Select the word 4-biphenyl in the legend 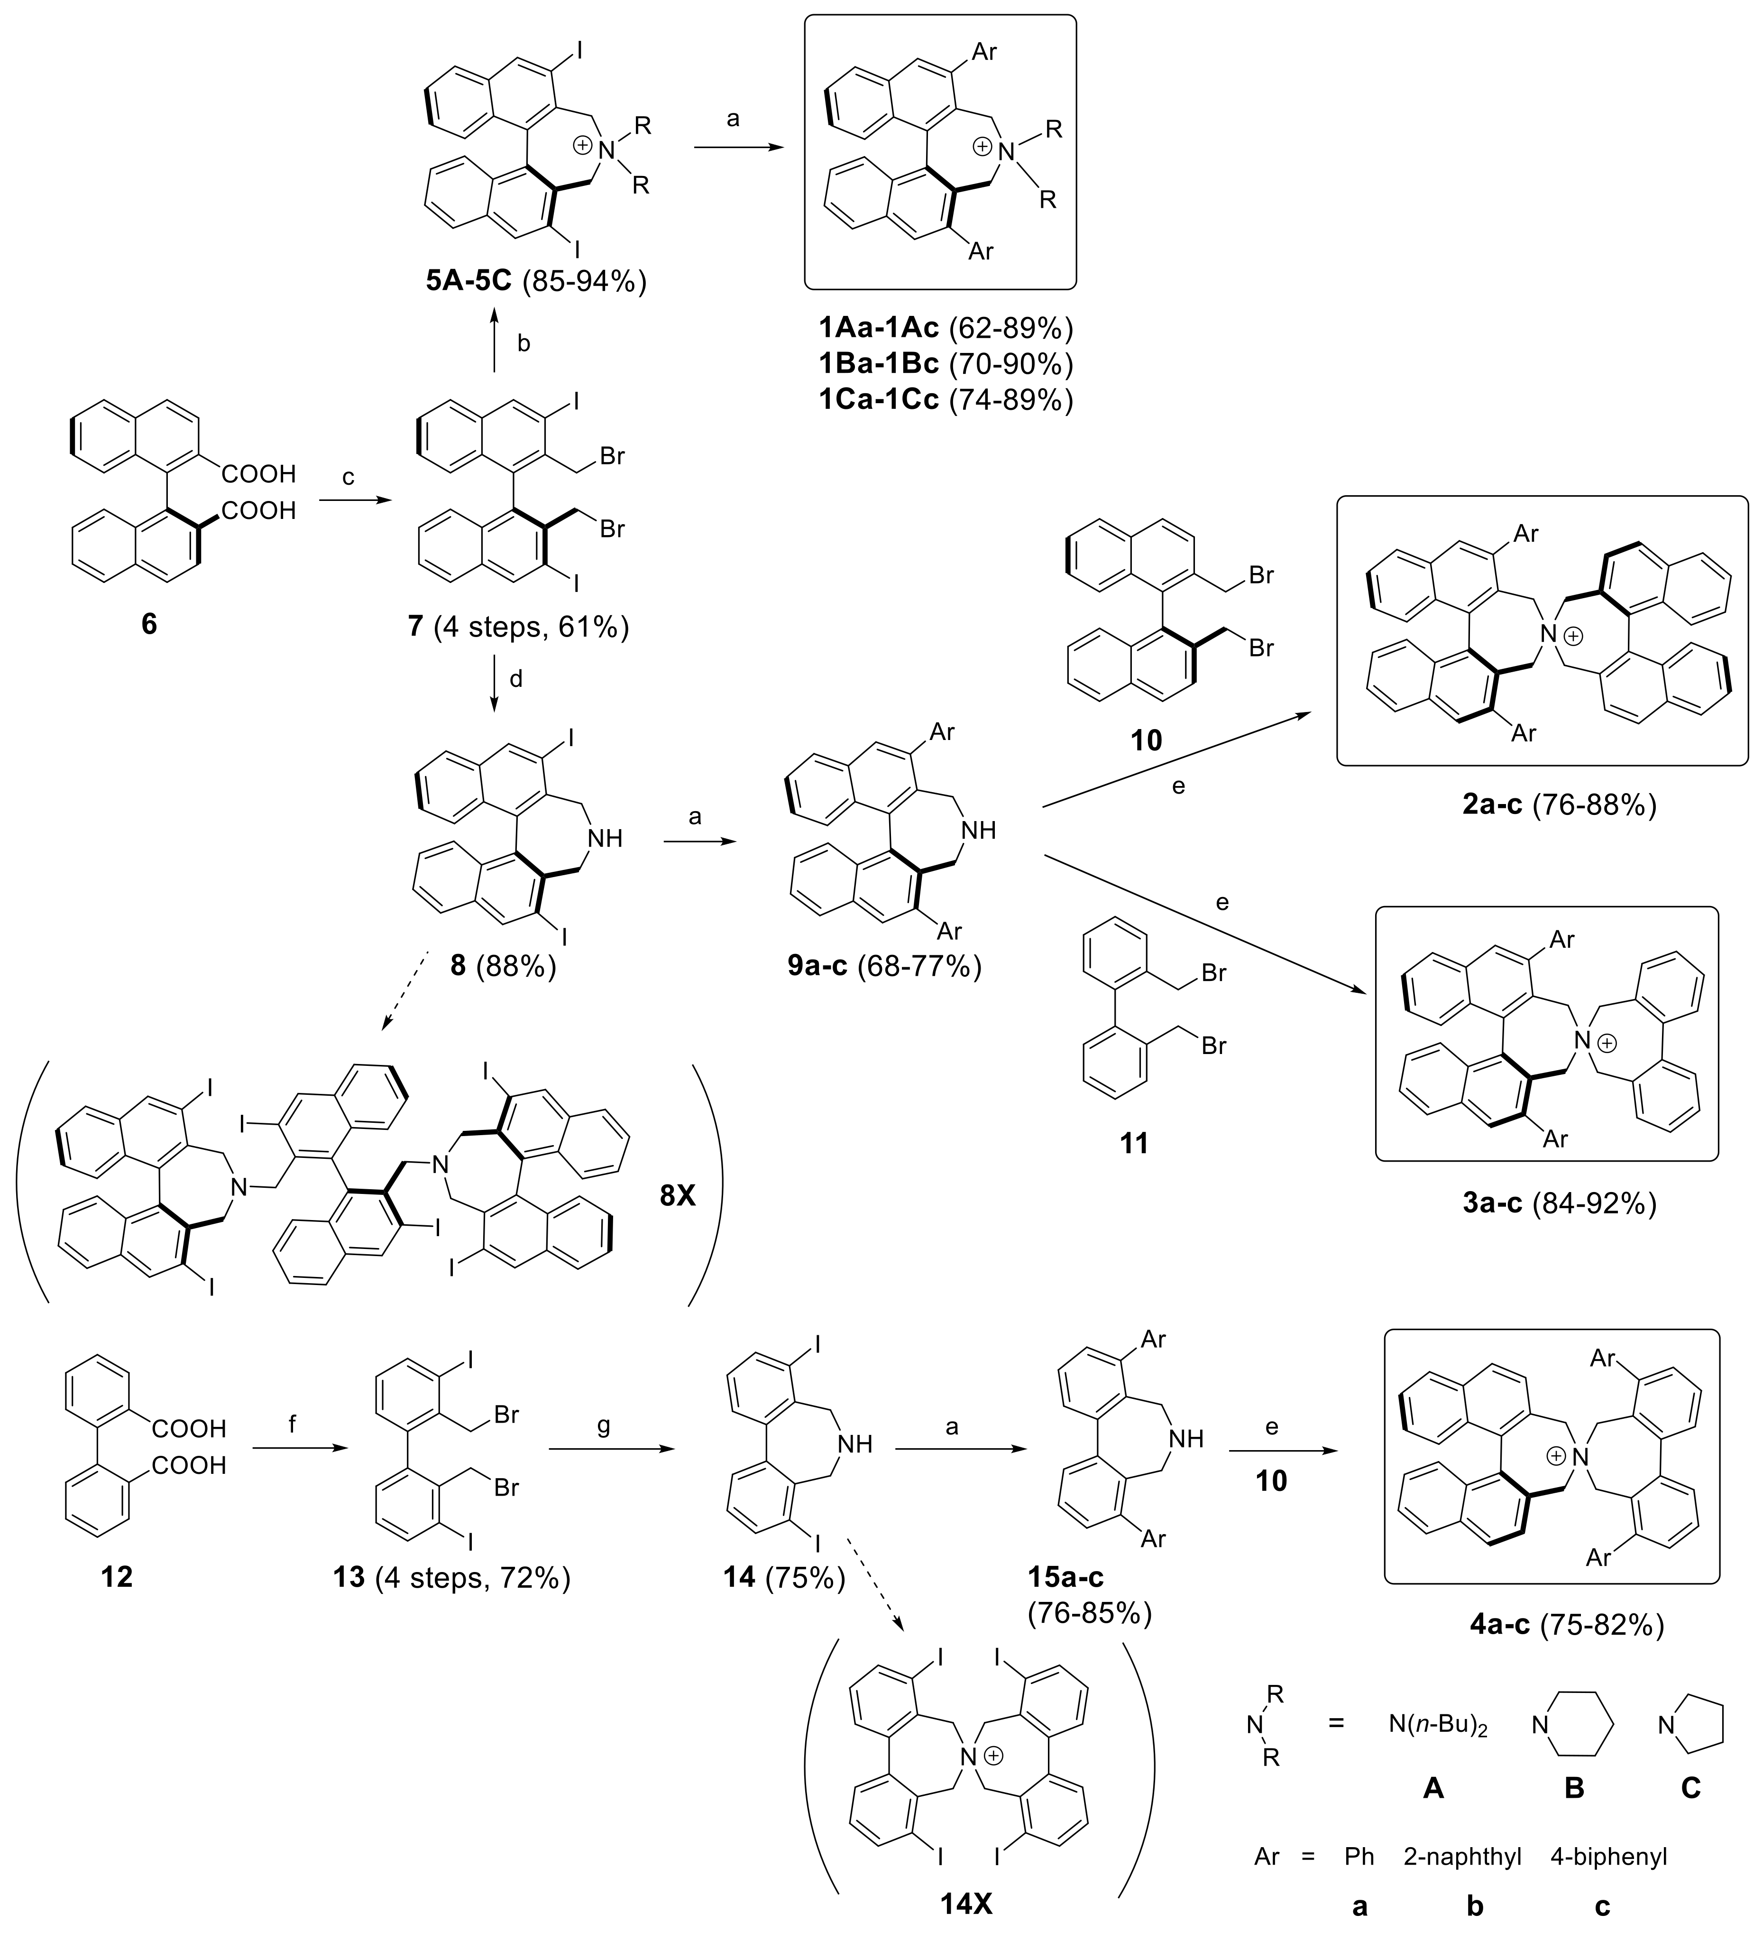tap(1608, 1857)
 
